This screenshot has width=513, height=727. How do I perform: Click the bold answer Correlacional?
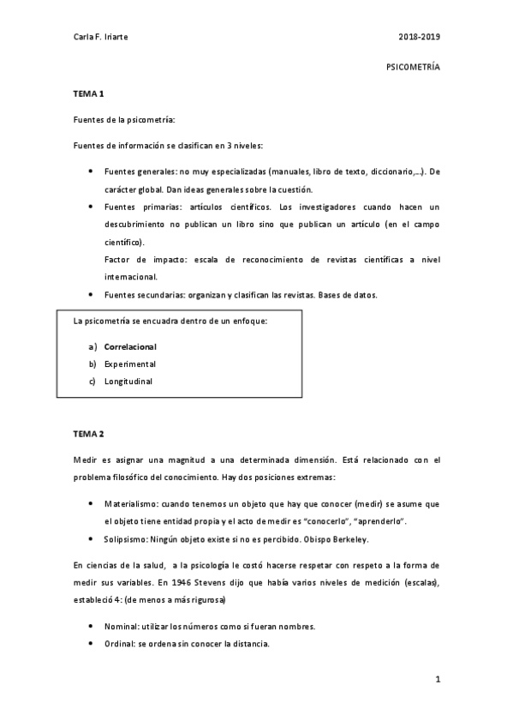pyautogui.click(x=130, y=347)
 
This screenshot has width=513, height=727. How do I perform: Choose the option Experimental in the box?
pyautogui.click(x=129, y=364)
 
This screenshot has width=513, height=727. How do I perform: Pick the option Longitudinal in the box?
pyautogui.click(x=128, y=382)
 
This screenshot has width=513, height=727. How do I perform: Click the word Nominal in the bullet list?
pyautogui.click(x=120, y=627)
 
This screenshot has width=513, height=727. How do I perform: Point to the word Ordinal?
pyautogui.click(x=119, y=644)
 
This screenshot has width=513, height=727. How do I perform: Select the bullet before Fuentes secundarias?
pyautogui.click(x=91, y=294)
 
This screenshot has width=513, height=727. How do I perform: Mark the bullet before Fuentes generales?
pyautogui.click(x=91, y=171)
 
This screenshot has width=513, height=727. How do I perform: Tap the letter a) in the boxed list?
pyautogui.click(x=92, y=347)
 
